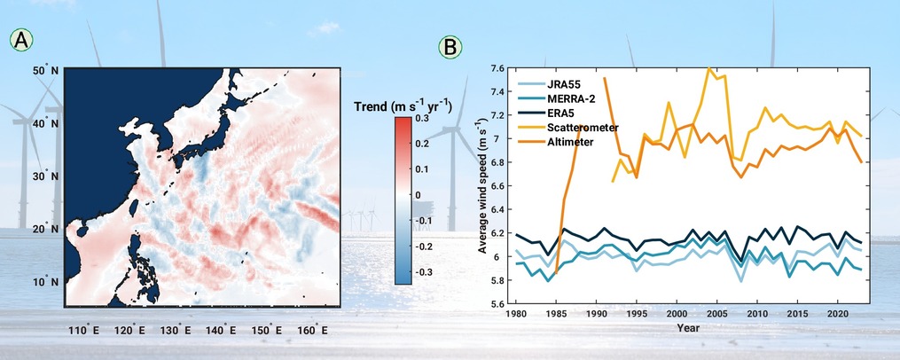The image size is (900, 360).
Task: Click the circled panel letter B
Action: (450, 48)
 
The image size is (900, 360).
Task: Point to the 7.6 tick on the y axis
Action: (497, 68)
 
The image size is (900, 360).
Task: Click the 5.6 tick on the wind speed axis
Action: (497, 304)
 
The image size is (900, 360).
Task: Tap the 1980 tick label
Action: (515, 315)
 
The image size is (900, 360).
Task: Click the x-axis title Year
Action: (687, 328)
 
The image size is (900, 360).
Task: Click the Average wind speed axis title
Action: (482, 184)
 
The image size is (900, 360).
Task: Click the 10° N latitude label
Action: (48, 283)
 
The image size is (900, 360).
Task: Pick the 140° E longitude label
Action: (226, 331)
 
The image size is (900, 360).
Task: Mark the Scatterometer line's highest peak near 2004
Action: (709, 68)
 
